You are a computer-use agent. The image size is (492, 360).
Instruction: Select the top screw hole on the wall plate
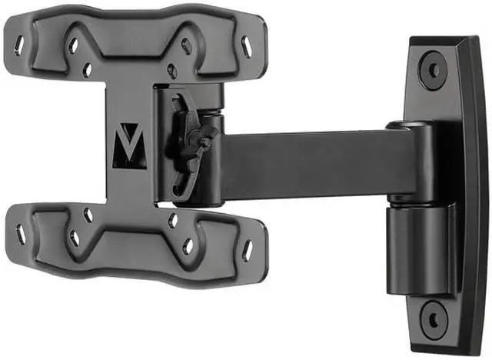click(434, 69)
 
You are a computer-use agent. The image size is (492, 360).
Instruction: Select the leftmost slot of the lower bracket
click(21, 236)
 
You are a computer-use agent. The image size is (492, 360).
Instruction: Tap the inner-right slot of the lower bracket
click(187, 246)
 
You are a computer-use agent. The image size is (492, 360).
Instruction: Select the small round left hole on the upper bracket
click(87, 71)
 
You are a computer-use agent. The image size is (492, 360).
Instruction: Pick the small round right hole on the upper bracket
click(172, 71)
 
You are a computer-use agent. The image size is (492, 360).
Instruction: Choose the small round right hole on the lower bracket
click(173, 221)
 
